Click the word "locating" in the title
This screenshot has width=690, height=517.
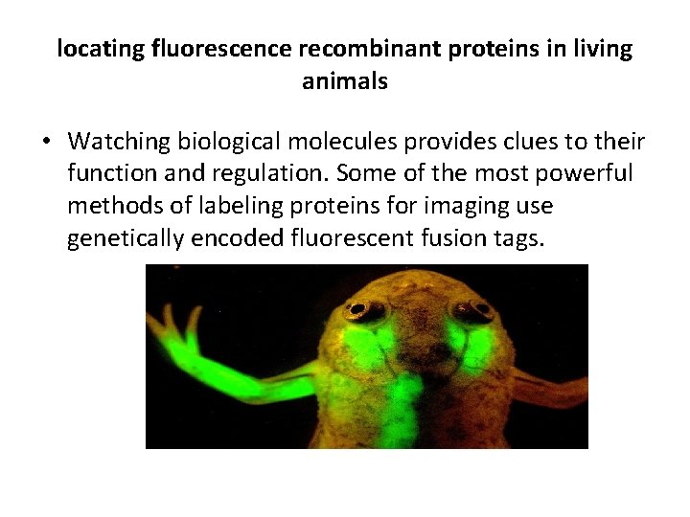(101, 49)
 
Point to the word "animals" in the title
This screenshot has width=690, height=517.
(345, 81)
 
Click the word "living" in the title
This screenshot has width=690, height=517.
(600, 49)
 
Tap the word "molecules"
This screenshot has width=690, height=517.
(331, 142)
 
